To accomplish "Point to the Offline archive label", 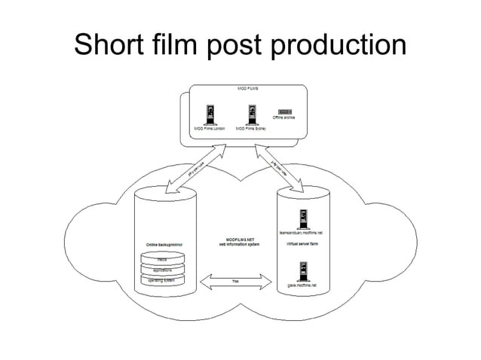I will (x=283, y=118).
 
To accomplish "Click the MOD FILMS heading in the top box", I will (x=248, y=89).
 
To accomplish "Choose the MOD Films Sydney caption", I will (x=251, y=129).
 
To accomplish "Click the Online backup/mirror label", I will (x=162, y=245).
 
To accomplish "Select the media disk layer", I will (x=162, y=260).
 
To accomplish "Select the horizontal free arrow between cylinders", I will (x=236, y=282).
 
